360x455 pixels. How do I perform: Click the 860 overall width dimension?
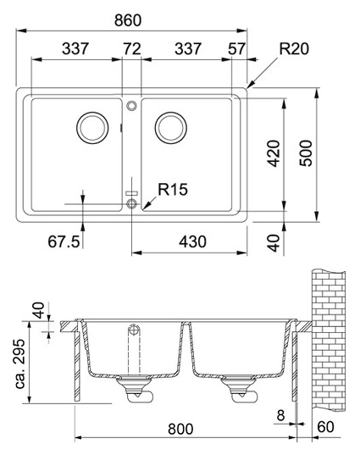[128, 20]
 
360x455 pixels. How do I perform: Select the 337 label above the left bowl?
[75, 48]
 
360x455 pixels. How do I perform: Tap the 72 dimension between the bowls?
[132, 48]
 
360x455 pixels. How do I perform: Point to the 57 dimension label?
[236, 48]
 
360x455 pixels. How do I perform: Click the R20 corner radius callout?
[294, 48]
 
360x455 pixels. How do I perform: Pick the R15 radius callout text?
[173, 189]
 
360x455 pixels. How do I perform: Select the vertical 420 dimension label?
[274, 153]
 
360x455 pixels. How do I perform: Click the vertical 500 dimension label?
[306, 153]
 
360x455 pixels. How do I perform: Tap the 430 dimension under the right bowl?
[192, 241]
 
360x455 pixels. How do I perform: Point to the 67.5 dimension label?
[64, 241]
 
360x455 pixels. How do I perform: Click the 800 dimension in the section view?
[180, 429]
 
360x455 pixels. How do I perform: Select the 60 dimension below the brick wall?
[325, 427]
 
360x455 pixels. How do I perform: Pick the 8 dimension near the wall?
[280, 415]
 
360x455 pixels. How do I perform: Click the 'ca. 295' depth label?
[20, 363]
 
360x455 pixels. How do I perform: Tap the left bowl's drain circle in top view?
[92, 128]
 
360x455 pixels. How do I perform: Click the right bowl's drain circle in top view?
[171, 128]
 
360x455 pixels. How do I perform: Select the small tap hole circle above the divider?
[131, 106]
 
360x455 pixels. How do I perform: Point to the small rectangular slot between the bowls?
[131, 193]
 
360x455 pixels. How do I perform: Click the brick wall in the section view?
[329, 340]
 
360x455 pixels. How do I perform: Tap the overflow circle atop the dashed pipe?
[134, 330]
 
